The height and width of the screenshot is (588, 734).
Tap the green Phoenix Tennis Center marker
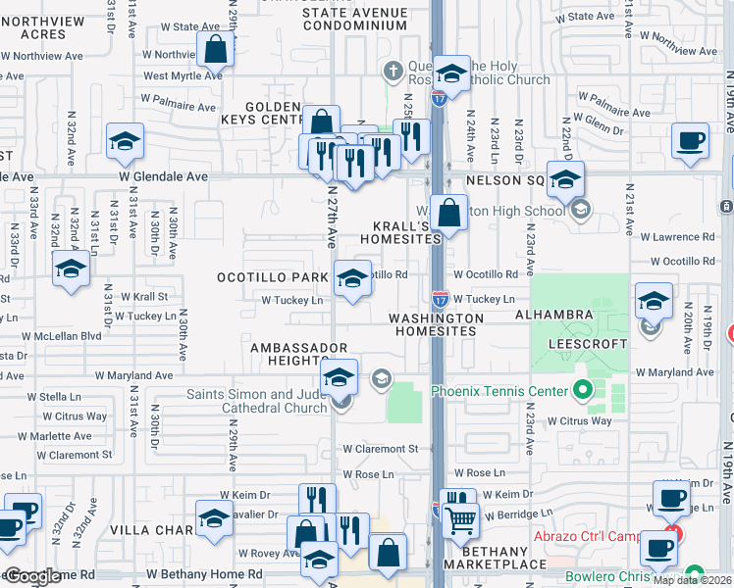[583, 392]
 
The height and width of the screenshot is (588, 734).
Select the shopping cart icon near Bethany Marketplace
[459, 518]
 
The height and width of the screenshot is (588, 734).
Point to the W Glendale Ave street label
[164, 176]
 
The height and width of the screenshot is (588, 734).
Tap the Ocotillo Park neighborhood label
[273, 277]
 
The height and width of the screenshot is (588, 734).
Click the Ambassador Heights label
[299, 355]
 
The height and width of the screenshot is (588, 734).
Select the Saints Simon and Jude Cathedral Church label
[257, 402]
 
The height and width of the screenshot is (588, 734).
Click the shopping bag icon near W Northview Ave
[214, 49]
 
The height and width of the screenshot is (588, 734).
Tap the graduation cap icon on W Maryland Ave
[339, 377]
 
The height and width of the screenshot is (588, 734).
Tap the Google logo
[32, 576]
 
